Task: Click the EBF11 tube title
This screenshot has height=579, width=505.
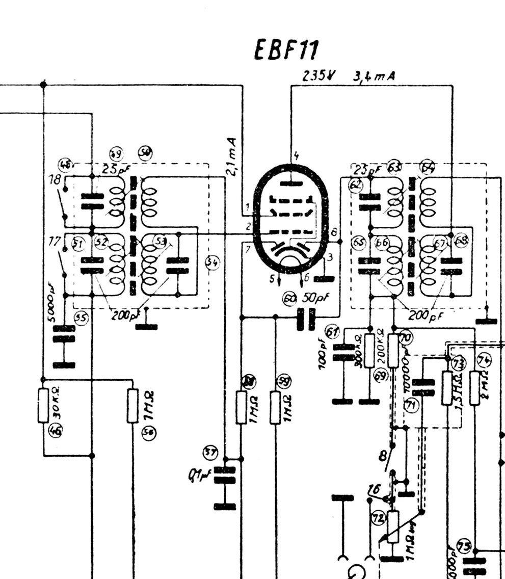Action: point(287,50)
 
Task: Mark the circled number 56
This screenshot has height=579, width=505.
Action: point(149,433)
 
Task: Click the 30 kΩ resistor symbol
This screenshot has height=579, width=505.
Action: point(43,405)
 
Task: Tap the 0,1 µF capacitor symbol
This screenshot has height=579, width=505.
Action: point(225,475)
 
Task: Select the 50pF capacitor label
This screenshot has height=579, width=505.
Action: point(313,298)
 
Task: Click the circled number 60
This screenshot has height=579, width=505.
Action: point(289,299)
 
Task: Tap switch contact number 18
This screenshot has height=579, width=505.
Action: point(56,180)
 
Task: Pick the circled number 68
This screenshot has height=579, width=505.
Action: point(461,241)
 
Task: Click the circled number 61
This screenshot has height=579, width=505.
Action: point(333,332)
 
